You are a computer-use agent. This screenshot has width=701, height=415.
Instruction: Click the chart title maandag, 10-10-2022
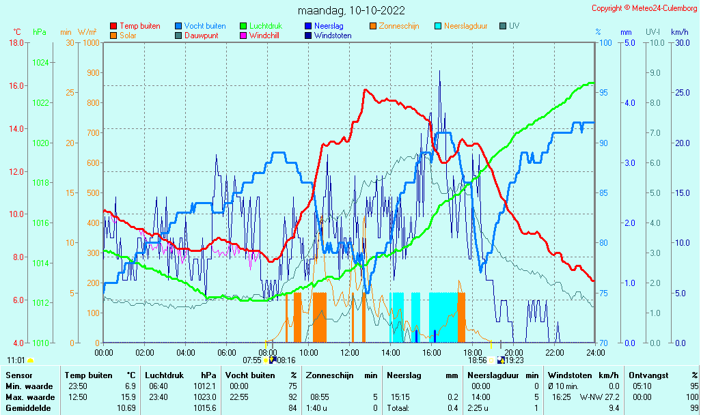[x=351, y=10]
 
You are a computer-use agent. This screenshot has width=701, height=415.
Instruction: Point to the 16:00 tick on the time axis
[x=431, y=352]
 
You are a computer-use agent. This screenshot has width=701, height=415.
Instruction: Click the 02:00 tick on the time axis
[x=144, y=352]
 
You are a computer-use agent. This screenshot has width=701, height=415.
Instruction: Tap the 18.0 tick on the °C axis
[x=16, y=43]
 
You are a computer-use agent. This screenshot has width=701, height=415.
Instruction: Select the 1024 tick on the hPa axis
[x=41, y=63]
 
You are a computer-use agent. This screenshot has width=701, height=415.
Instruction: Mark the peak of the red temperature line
[x=366, y=90]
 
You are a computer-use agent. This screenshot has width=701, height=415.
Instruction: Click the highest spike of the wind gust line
[x=439, y=71]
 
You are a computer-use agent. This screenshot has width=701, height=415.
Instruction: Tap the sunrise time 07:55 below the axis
[x=252, y=360]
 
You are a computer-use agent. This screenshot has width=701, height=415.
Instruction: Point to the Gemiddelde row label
[x=28, y=408]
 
